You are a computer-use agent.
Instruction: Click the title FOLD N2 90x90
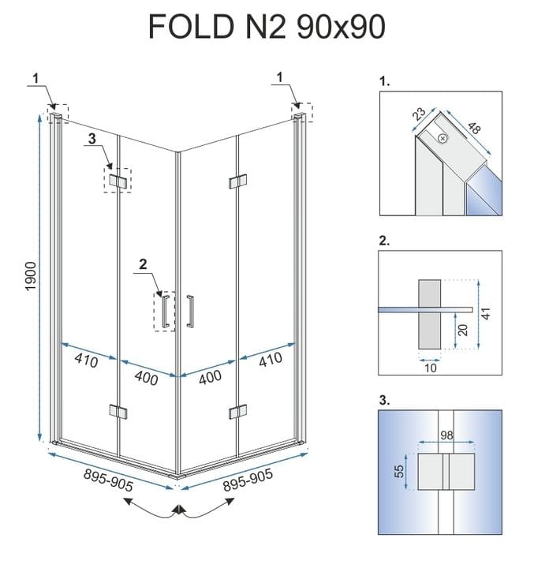(x=267, y=27)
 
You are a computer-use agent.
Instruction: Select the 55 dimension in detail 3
(x=401, y=471)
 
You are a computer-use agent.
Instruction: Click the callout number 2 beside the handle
(x=143, y=266)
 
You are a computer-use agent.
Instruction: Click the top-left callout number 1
(x=35, y=77)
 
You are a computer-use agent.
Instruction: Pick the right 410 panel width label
(x=269, y=363)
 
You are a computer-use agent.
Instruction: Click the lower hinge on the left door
(x=118, y=411)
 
